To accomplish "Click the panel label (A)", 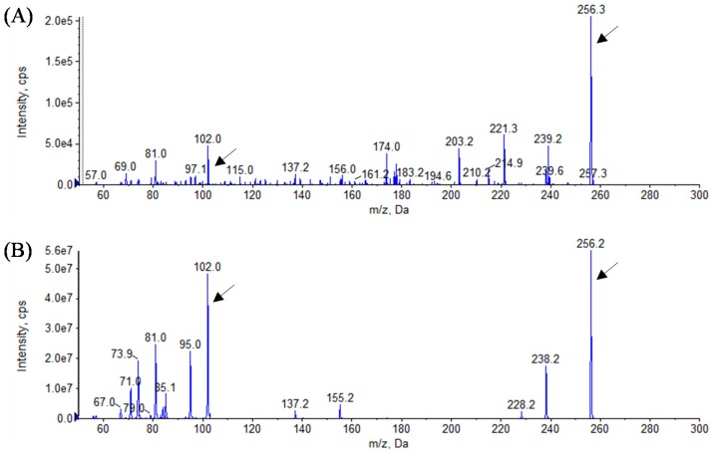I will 16,17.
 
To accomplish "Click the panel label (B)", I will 16,248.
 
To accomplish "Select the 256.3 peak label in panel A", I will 590,9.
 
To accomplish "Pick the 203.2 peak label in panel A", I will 460,141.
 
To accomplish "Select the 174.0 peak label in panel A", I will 387,146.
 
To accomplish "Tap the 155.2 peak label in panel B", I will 341,396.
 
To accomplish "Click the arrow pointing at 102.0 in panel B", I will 225,293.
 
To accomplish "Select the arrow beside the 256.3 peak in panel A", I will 607,34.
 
